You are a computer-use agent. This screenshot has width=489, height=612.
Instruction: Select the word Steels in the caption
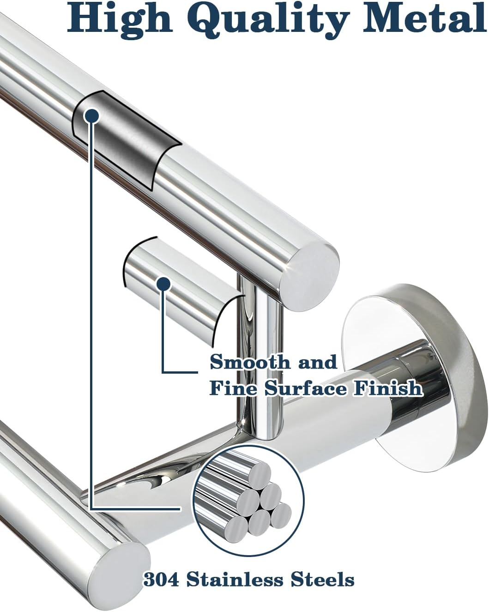point(323,579)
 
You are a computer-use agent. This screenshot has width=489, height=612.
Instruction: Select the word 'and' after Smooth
point(318,362)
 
